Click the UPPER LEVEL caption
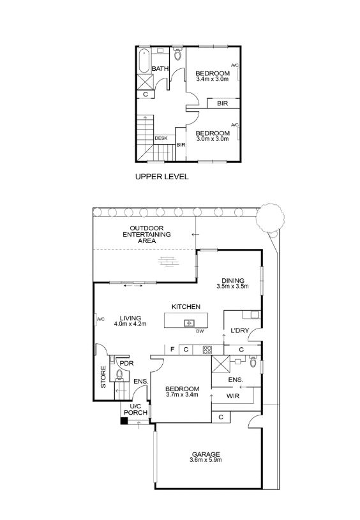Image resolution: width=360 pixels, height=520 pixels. (161, 177)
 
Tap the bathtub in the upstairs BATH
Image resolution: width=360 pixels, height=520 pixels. (144, 61)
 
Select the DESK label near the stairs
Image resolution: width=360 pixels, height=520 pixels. (161, 138)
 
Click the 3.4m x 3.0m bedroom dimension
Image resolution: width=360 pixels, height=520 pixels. (213, 79)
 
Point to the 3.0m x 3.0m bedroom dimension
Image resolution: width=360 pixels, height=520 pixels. (213, 139)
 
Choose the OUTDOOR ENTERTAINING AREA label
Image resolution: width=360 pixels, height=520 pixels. (147, 234)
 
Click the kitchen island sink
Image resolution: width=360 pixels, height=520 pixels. (189, 322)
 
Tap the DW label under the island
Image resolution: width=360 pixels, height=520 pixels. (200, 331)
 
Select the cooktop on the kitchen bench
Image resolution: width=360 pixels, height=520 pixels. (207, 350)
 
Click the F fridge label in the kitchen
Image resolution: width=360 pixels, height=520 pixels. (172, 349)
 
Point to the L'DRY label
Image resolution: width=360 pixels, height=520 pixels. (240, 331)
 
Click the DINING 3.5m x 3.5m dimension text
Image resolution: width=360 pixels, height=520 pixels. (232, 286)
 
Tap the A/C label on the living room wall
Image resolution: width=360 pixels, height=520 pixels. (101, 320)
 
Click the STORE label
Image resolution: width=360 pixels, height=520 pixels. (103, 377)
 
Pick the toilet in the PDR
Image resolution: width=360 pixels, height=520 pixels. (119, 374)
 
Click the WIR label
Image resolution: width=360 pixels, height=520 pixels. (232, 396)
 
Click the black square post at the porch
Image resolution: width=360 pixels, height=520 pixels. (124, 421)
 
